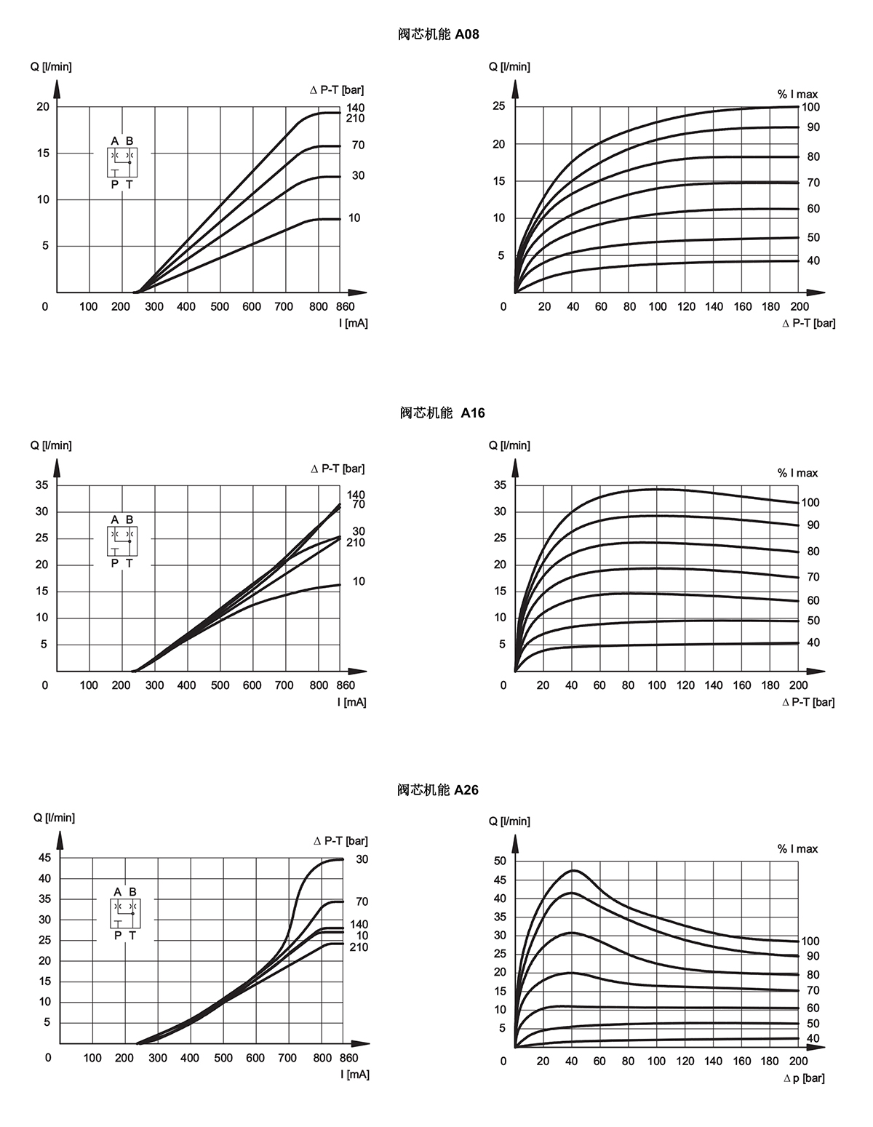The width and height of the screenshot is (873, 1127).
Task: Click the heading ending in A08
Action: (x=439, y=34)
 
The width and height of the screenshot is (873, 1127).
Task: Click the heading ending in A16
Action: (x=442, y=413)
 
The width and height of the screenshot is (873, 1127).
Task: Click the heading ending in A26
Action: (x=438, y=790)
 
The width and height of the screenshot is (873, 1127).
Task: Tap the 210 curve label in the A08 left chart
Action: (x=356, y=119)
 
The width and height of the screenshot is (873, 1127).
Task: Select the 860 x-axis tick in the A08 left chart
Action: (x=345, y=306)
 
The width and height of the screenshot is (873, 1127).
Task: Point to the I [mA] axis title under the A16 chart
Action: (x=352, y=702)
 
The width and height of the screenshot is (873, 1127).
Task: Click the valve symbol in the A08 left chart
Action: (x=122, y=162)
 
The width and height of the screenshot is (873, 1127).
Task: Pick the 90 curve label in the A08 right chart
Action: (x=813, y=127)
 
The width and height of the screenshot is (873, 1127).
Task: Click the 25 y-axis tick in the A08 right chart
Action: (x=499, y=105)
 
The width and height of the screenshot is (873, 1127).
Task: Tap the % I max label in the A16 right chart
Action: (x=797, y=473)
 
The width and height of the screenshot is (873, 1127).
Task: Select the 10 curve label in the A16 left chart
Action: (x=359, y=581)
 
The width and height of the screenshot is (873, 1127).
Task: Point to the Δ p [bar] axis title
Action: (x=804, y=1078)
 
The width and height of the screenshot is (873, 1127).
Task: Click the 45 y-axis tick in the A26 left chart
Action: (x=45, y=858)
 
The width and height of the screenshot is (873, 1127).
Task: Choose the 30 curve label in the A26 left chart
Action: (x=362, y=859)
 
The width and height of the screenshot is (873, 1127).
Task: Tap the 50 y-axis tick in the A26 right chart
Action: (x=500, y=861)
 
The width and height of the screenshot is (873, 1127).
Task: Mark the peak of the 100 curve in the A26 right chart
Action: (x=573, y=870)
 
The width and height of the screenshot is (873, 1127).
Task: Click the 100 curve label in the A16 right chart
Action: (x=810, y=503)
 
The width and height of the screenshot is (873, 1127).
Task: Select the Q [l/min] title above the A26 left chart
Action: (x=54, y=818)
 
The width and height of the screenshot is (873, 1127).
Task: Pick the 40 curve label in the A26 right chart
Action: (x=813, y=1038)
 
